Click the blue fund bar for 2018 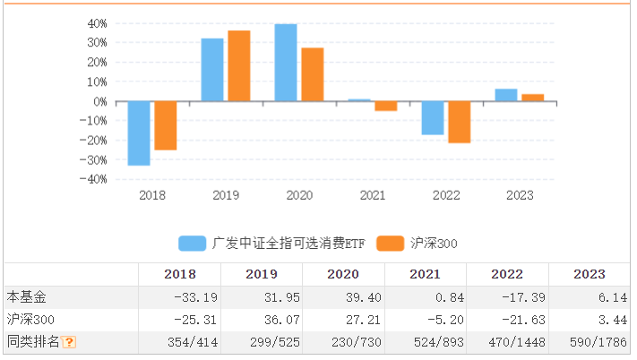click(x=139, y=133)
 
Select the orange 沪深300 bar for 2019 click(x=238, y=66)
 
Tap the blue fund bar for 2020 click(x=286, y=63)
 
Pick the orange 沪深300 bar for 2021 click(x=385, y=106)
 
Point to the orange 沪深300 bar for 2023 click(x=533, y=98)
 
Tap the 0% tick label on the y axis click(x=99, y=101)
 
